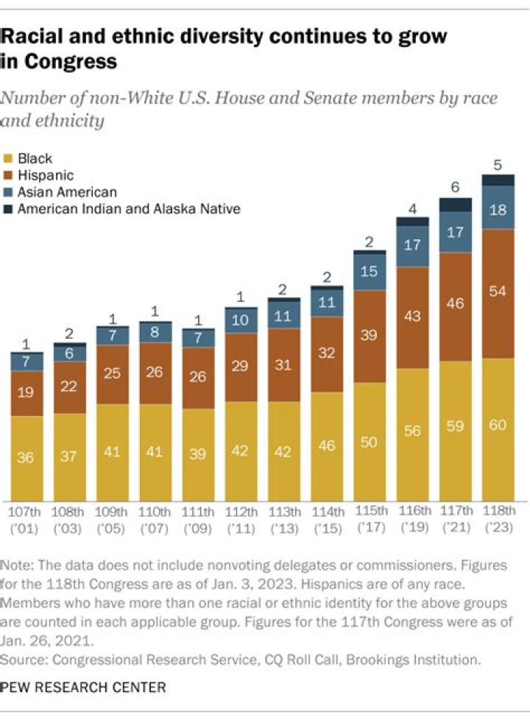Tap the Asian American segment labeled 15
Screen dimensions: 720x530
370,272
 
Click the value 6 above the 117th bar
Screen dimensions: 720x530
456,188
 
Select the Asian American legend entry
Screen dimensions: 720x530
56,192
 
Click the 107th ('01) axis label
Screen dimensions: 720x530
26,518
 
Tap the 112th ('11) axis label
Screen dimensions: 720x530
241,518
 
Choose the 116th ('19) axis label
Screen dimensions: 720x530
412,518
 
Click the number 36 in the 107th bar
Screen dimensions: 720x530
26,458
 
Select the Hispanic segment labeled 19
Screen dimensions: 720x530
26,393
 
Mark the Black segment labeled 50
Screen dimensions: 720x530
370,442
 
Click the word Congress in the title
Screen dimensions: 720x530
70,61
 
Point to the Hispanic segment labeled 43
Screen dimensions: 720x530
412,317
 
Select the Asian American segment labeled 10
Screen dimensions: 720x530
241,320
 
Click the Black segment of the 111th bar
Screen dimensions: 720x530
198,454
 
